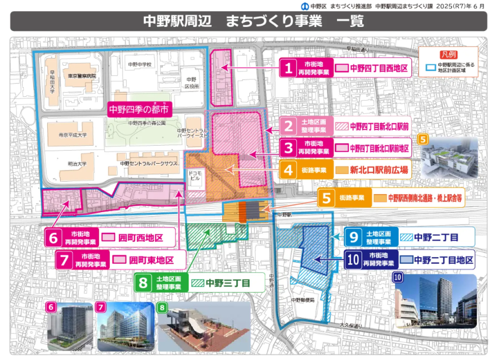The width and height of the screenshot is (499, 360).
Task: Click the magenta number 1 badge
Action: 289,69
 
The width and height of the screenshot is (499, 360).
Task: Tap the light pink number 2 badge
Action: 289,126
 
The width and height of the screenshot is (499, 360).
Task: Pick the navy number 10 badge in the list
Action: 353,260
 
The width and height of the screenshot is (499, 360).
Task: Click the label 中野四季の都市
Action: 138,109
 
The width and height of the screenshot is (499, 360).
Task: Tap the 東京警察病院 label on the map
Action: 80,76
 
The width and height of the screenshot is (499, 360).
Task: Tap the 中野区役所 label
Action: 191,83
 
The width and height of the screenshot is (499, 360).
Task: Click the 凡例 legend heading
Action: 449,54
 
